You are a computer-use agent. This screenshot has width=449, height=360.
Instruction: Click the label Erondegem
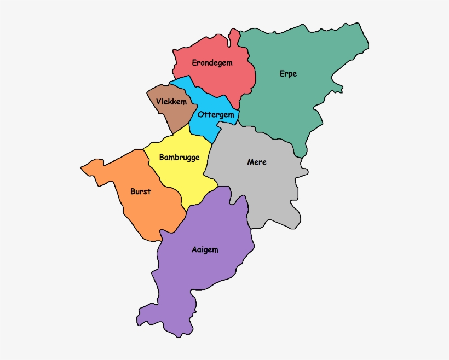pos(212,63)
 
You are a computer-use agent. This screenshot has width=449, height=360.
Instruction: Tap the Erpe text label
pos(288,74)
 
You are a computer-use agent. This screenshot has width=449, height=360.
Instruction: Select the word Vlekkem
pos(171,102)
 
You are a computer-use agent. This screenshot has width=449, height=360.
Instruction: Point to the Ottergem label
pos(216,115)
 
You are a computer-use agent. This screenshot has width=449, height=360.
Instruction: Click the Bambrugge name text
pos(179,158)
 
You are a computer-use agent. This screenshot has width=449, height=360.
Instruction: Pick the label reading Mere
pos(257,162)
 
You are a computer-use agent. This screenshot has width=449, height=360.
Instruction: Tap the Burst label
pos(141,191)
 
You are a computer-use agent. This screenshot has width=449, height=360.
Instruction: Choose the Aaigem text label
pos(205,250)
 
